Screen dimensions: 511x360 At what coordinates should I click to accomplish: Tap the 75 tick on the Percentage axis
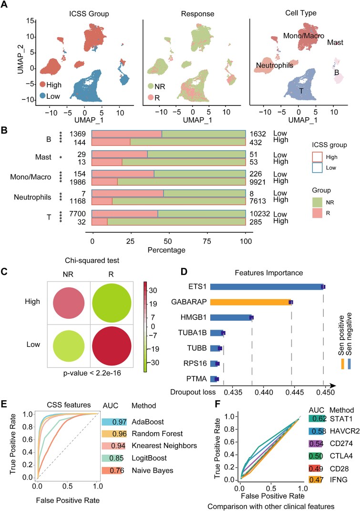(207, 241)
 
